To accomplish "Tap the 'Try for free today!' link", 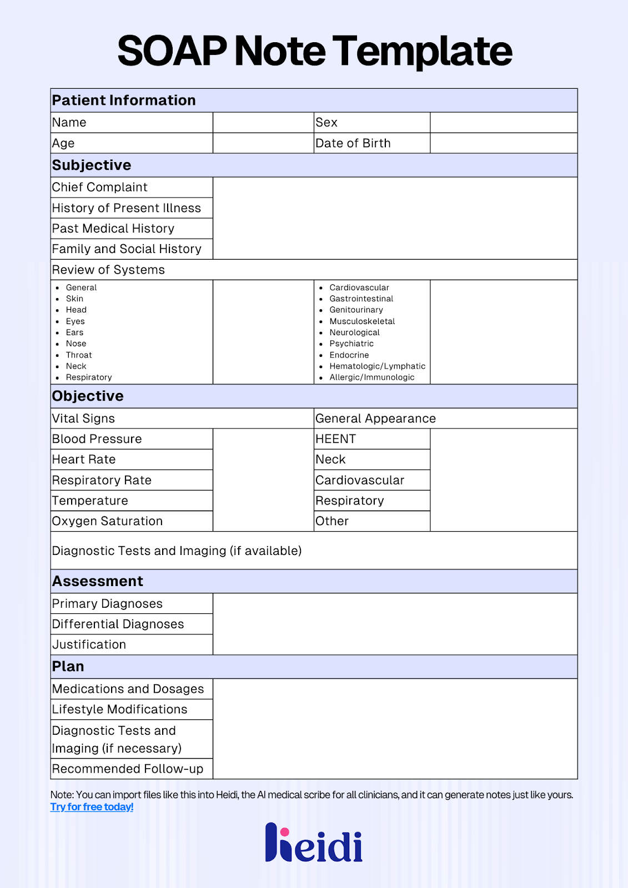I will (92, 807).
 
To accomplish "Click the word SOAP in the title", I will (172, 51).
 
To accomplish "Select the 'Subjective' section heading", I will (92, 165).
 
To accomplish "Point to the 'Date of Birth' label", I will (353, 143).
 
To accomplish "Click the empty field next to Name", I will (263, 123).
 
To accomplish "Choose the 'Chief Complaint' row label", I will (100, 188).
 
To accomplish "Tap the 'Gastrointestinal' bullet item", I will (361, 299).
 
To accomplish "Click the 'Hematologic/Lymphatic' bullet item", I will (377, 366).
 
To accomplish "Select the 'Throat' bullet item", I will (79, 355).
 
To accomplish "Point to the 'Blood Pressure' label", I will (97, 439).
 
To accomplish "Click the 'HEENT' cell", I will (336, 439).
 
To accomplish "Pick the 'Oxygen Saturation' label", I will (107, 521).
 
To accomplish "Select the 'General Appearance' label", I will (375, 418).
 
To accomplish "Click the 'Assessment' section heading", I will (98, 581).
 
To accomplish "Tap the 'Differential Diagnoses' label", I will (118, 624).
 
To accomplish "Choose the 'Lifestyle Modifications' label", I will (119, 709).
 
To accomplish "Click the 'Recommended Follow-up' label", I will (128, 769).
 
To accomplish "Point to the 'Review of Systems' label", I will (108, 270).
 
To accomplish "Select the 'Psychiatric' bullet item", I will (351, 344).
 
